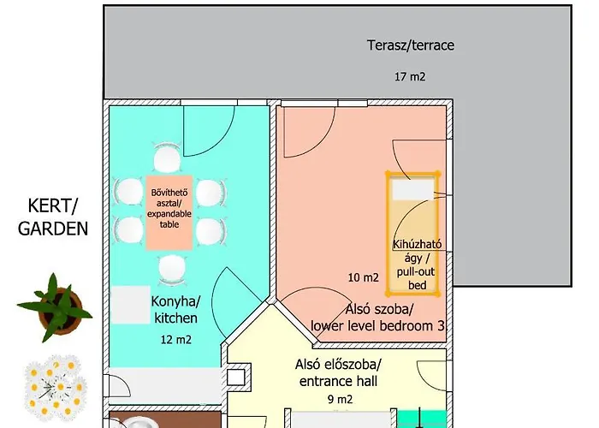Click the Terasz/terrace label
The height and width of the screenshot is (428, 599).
(x=411, y=45)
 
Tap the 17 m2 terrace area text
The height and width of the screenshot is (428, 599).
(x=410, y=76)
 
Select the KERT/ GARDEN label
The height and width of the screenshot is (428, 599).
(x=53, y=217)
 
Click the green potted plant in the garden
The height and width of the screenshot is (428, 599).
(x=56, y=307)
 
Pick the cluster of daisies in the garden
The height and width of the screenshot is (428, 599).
(x=56, y=387)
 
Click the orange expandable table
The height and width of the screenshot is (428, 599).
(x=169, y=213)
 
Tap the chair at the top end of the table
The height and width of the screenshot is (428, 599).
(x=167, y=158)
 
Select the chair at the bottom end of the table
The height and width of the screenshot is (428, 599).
(x=172, y=270)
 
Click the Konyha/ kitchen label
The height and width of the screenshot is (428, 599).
(x=175, y=310)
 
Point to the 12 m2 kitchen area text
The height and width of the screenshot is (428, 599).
(x=175, y=339)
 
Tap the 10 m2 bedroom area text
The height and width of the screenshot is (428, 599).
(x=364, y=277)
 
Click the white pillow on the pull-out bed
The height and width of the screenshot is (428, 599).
(x=413, y=190)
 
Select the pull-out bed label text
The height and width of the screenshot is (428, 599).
(x=417, y=265)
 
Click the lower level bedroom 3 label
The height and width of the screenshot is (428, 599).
(x=378, y=318)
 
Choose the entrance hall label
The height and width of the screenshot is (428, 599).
(x=338, y=373)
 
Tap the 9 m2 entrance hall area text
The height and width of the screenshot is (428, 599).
(x=340, y=400)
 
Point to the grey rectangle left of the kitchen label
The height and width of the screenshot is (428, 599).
(x=130, y=305)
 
